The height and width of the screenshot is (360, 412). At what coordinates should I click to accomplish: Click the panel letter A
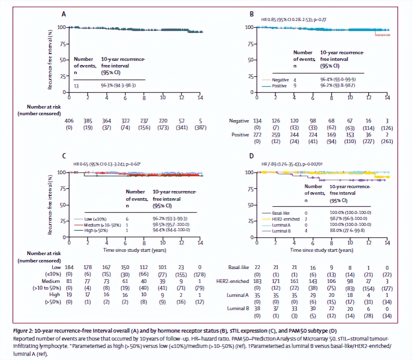(x=64, y=14)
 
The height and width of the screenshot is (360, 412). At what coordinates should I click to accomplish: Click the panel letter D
(x=252, y=156)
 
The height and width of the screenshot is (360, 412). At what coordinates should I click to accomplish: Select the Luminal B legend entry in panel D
(x=281, y=231)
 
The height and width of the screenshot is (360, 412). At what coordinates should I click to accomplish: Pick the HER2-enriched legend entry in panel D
(x=281, y=219)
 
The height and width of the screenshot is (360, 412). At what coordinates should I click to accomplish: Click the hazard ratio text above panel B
(x=293, y=20)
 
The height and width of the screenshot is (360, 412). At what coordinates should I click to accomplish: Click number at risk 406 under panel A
(x=69, y=121)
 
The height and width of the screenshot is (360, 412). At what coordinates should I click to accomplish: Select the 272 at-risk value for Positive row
(x=257, y=135)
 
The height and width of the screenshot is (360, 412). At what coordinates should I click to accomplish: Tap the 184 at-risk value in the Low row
(x=69, y=267)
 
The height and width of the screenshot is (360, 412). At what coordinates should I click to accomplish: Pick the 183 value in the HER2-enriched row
(x=257, y=281)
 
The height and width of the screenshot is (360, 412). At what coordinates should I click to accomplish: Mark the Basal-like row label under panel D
(x=238, y=267)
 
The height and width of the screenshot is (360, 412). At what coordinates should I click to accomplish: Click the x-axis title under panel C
(x=134, y=250)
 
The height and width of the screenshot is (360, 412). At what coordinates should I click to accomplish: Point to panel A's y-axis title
(x=50, y=60)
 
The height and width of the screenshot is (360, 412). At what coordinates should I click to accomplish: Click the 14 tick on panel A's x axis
(x=200, y=97)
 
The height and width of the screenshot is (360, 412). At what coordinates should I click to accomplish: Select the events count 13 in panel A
(x=76, y=86)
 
